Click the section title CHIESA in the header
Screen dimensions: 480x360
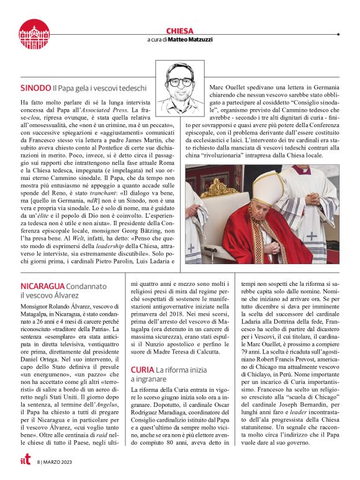(x=180, y=30)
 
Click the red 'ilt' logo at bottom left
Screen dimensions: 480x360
(x=25, y=461)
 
